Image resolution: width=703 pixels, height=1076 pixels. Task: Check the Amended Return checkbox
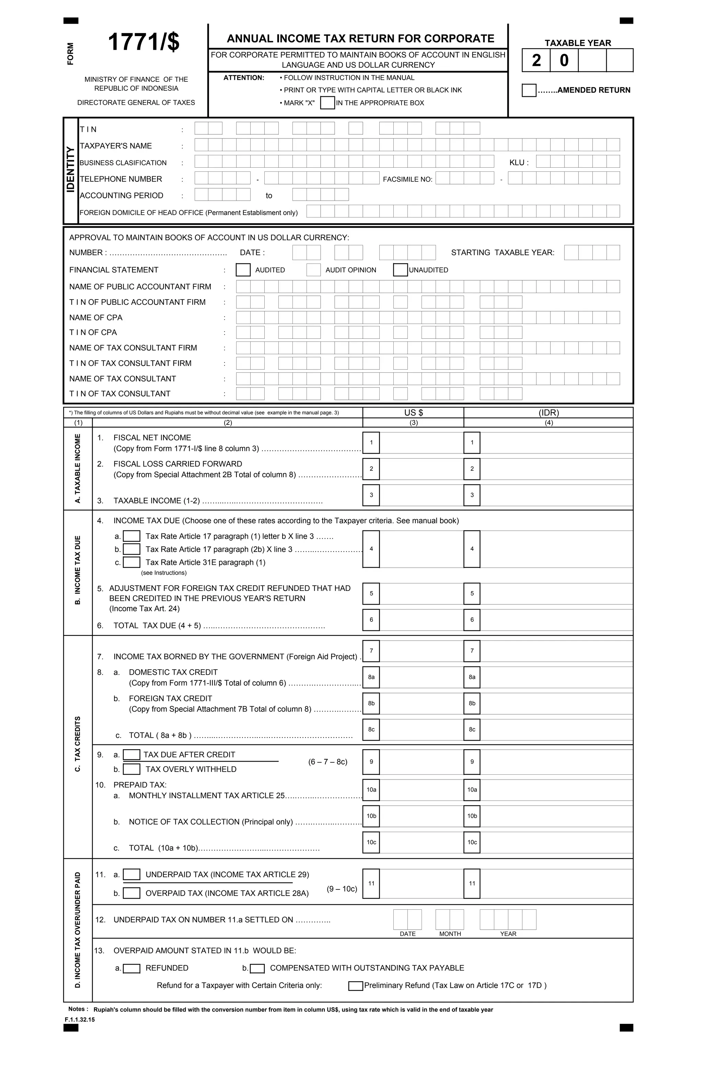click(x=529, y=90)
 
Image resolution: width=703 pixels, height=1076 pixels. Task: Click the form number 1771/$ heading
click(x=144, y=43)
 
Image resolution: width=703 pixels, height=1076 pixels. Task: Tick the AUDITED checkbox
click(x=243, y=270)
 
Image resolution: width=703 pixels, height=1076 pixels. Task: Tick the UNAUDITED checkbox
click(x=400, y=270)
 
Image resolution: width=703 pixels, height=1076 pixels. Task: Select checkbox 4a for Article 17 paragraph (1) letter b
click(x=131, y=536)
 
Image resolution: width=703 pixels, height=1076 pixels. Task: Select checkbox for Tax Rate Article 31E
click(x=131, y=562)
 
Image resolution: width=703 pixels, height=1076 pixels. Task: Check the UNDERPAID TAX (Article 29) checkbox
click(x=131, y=874)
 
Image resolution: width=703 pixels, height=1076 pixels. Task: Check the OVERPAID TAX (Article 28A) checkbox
click(x=131, y=893)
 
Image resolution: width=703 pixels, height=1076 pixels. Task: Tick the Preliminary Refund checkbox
click(x=356, y=986)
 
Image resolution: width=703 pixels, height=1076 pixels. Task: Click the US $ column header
click(x=413, y=413)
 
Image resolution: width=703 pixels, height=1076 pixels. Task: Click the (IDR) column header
click(x=549, y=413)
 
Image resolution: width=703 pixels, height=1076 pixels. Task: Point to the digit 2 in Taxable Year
click(x=536, y=60)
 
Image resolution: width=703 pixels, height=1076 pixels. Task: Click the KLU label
click(x=518, y=163)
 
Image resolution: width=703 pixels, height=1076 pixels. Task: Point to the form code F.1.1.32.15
click(x=80, y=1020)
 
